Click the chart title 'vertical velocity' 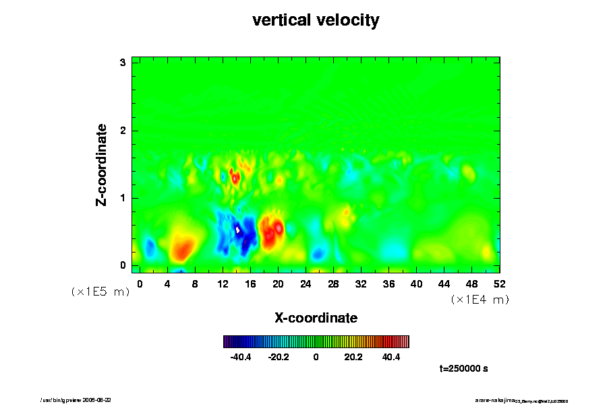316,20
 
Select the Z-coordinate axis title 102,164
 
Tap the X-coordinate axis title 316,317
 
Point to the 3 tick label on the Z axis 123,63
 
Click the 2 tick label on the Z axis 123,131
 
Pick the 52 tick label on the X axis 500,283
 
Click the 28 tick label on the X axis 333,283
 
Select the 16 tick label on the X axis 250,283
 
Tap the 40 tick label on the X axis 417,283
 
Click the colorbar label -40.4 241,357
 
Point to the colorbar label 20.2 353,357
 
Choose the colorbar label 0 316,357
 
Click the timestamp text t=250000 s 463,369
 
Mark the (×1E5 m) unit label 100,292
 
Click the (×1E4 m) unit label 480,300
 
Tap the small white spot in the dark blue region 238,230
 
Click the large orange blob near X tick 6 182,248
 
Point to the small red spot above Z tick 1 235,177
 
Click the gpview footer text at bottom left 82,399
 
